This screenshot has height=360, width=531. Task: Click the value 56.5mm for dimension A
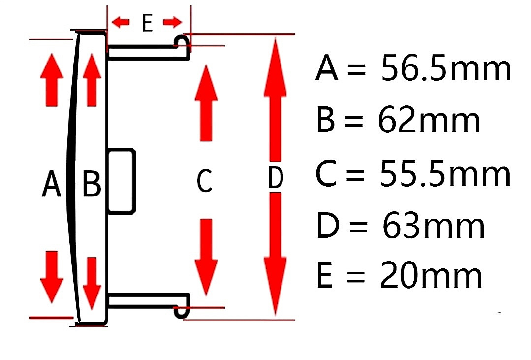click(x=446, y=69)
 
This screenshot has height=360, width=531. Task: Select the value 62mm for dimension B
click(x=429, y=121)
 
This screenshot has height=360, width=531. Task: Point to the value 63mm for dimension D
click(x=434, y=226)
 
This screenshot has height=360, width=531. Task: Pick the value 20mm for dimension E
click(x=431, y=276)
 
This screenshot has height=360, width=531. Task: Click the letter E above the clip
click(x=147, y=23)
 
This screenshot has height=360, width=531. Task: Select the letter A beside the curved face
click(x=51, y=185)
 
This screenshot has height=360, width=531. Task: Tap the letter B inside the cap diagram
click(x=92, y=184)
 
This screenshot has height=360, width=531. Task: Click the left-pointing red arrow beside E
click(x=121, y=22)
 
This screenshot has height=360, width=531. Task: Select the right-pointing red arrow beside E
click(x=173, y=22)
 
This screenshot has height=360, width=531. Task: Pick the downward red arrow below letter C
click(x=206, y=257)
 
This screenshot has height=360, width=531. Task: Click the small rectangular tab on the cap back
click(x=121, y=181)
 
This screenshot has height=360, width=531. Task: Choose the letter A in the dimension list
click(x=327, y=69)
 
